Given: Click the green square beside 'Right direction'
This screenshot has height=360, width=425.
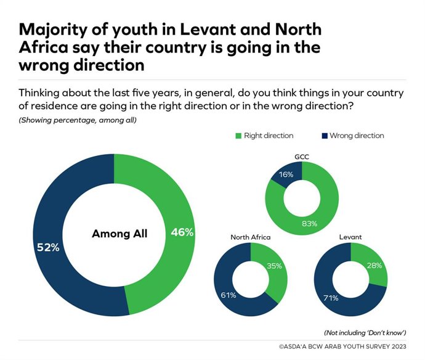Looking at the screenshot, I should pos(238,136).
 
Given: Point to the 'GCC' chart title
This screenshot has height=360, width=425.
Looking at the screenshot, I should pos(301,157).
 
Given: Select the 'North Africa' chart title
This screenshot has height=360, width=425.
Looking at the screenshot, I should pos(250,237).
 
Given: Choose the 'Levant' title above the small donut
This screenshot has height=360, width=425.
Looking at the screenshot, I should pos(350,237).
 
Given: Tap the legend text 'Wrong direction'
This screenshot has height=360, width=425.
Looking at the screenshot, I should pos(357,136).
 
